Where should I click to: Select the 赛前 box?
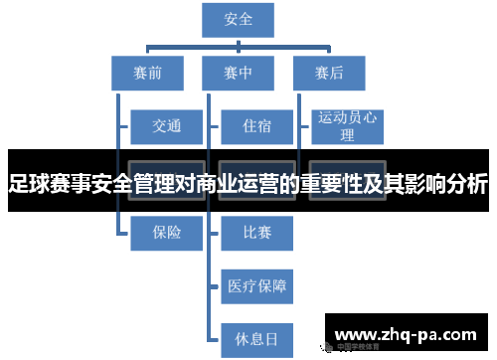pyautogui.click(x=146, y=72)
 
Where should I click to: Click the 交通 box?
pyautogui.click(x=167, y=126)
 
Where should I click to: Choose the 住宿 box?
pyautogui.click(x=256, y=126)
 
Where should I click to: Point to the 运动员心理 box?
pyautogui.click(x=348, y=126)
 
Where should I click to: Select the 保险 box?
pyautogui.click(x=167, y=233)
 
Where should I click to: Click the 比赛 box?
pyautogui.click(x=256, y=233)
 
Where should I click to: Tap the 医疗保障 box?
pyautogui.click(x=256, y=286)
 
